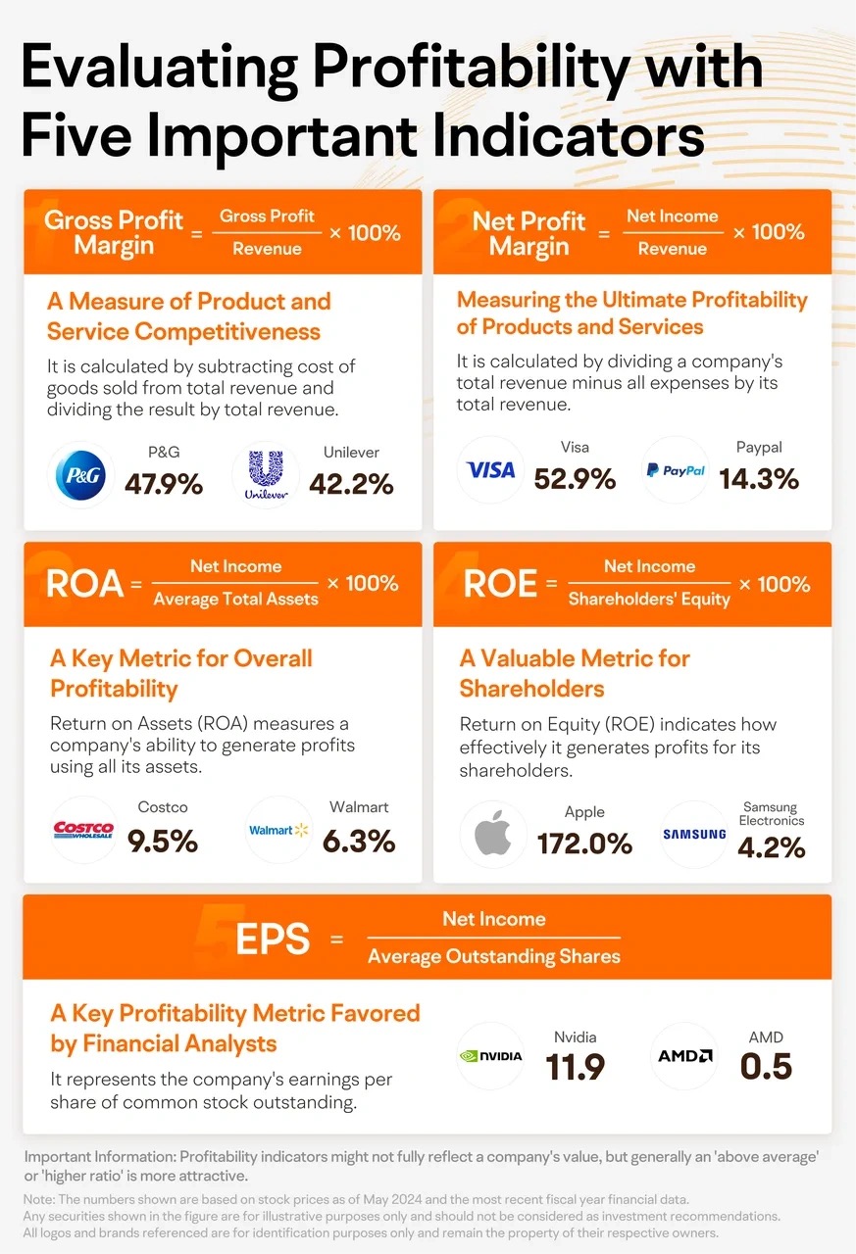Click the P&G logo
(80, 475)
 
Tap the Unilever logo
(266, 475)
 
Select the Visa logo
(490, 470)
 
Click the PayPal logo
(676, 470)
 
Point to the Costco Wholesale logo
(83, 830)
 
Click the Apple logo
(493, 833)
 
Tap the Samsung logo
(694, 834)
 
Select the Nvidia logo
(490, 1056)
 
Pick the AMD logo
(684, 1056)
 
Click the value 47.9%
(164, 484)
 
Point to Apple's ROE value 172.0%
(584, 844)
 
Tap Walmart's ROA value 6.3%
(359, 842)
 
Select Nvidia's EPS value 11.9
(576, 1067)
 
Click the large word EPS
(273, 939)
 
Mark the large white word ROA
(84, 584)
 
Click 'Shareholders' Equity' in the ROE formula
(649, 599)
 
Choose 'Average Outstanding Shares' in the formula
(494, 955)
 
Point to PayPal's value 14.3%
(759, 479)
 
